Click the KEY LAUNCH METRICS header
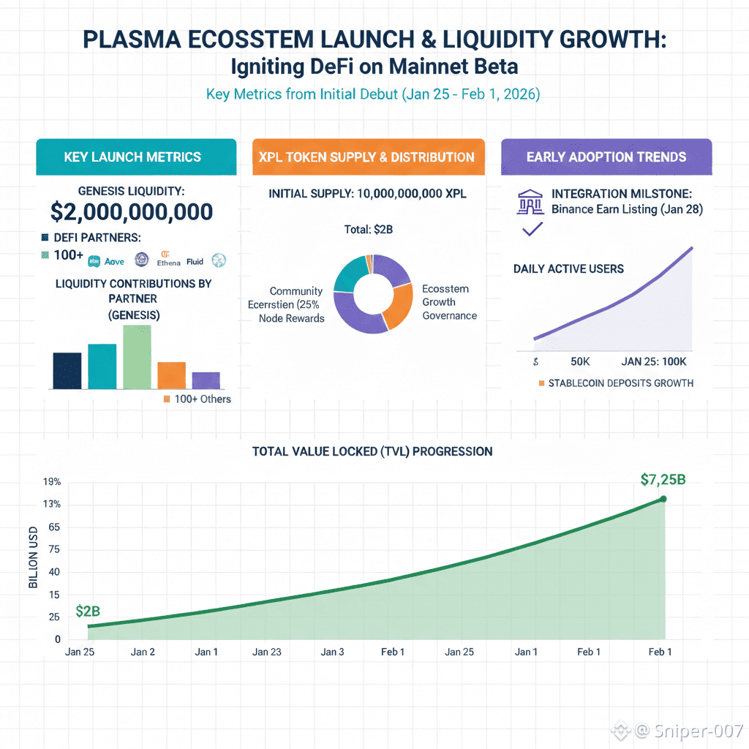(x=132, y=157)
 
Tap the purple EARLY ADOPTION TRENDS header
(x=606, y=157)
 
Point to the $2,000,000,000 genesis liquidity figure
(x=132, y=212)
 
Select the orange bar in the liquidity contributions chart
(x=171, y=374)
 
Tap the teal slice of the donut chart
(x=350, y=274)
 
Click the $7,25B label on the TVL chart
(x=662, y=480)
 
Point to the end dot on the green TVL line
(x=663, y=499)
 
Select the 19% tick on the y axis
(x=52, y=482)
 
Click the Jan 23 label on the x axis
(x=267, y=652)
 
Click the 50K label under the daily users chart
(x=581, y=362)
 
